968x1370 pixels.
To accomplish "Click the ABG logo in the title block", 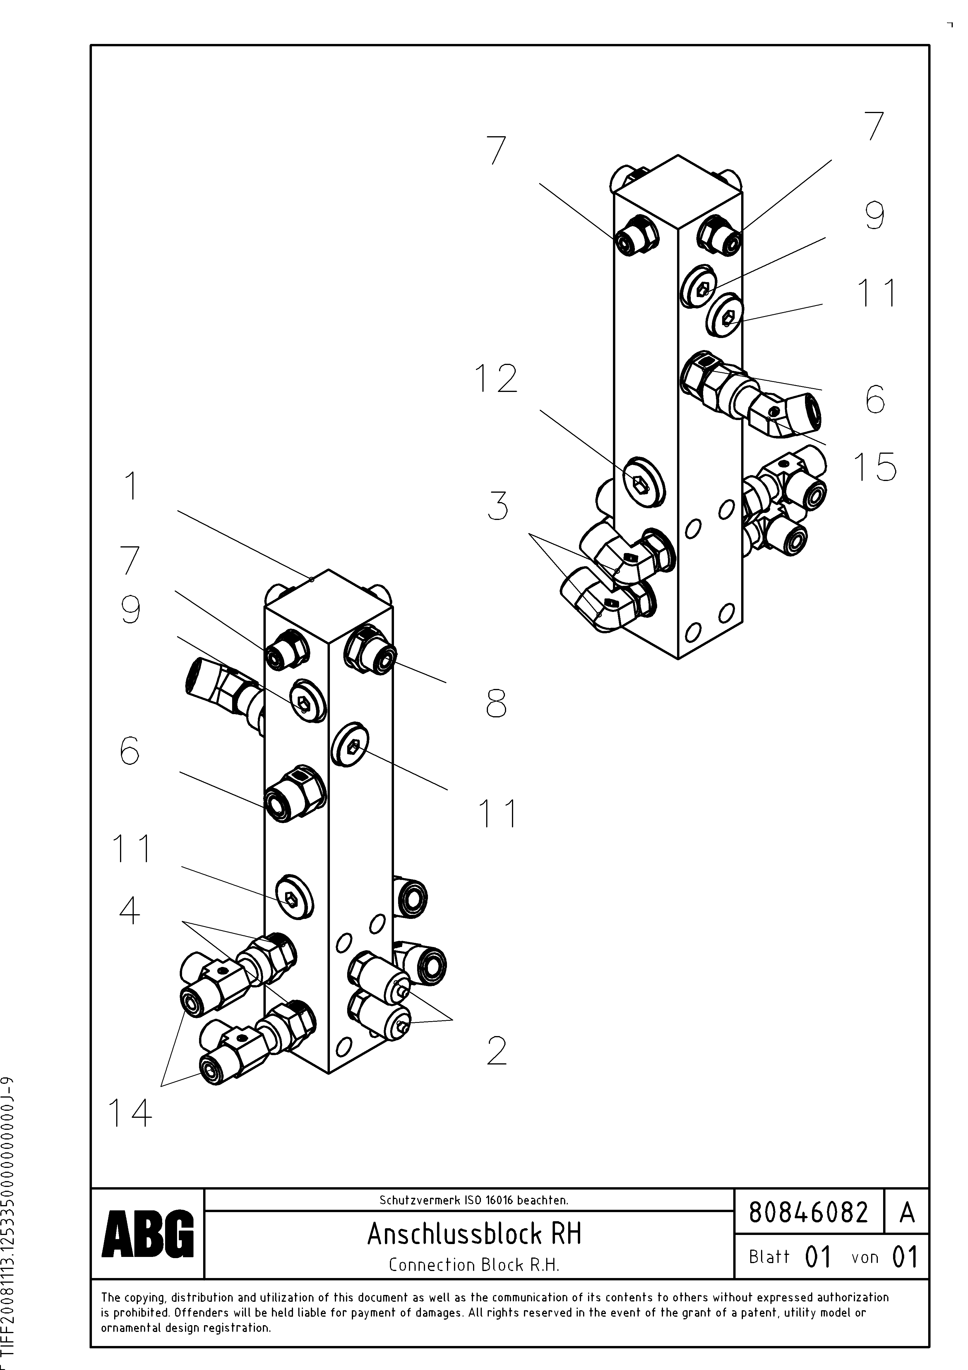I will pyautogui.click(x=148, y=1234).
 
